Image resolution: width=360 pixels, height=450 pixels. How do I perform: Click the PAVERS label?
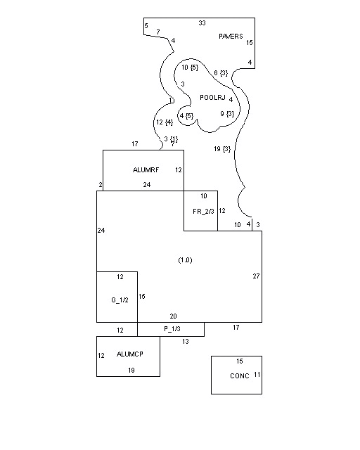pyautogui.click(x=231, y=36)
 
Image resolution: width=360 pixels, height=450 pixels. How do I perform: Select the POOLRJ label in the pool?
pyautogui.click(x=212, y=98)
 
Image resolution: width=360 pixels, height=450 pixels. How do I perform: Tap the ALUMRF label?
pyautogui.click(x=146, y=170)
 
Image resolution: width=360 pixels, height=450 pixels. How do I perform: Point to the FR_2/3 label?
pyautogui.click(x=203, y=212)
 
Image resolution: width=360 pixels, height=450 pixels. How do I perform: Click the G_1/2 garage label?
pyautogui.click(x=120, y=300)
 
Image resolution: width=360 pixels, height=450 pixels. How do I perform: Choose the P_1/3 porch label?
pyautogui.click(x=172, y=329)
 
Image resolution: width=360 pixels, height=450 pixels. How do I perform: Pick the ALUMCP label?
pyautogui.click(x=130, y=354)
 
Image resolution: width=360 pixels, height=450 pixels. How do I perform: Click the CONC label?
pyautogui.click(x=240, y=376)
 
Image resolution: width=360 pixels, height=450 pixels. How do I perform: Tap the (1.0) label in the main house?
pyautogui.click(x=185, y=260)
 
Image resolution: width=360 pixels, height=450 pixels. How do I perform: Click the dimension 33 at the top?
pyautogui.click(x=202, y=23)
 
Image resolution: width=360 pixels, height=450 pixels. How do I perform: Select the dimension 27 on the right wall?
pyautogui.click(x=256, y=276)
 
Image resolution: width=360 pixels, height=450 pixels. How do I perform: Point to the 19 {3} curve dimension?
pyautogui.click(x=222, y=149)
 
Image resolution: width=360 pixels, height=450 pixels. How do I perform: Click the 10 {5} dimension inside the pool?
pyautogui.click(x=190, y=67)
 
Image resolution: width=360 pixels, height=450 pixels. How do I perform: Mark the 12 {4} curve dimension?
pyautogui.click(x=165, y=122)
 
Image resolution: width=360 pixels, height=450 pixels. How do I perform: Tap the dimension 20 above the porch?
pyautogui.click(x=173, y=316)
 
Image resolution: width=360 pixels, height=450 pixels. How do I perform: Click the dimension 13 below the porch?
pyautogui.click(x=186, y=342)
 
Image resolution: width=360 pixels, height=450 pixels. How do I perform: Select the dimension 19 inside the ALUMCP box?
pyautogui.click(x=131, y=371)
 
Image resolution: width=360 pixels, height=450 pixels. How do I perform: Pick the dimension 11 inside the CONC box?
pyautogui.click(x=257, y=375)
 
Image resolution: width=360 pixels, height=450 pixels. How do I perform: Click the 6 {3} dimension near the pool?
pyautogui.click(x=221, y=73)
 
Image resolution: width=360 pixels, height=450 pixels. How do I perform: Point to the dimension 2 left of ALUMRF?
pyautogui.click(x=100, y=185)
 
